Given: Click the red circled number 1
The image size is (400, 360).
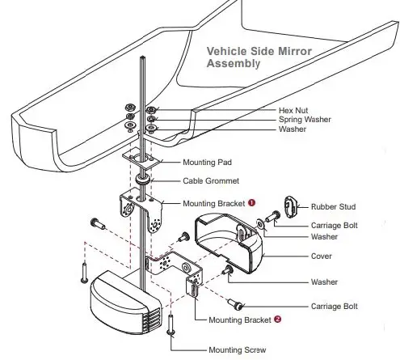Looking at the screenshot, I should [x=253, y=203].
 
